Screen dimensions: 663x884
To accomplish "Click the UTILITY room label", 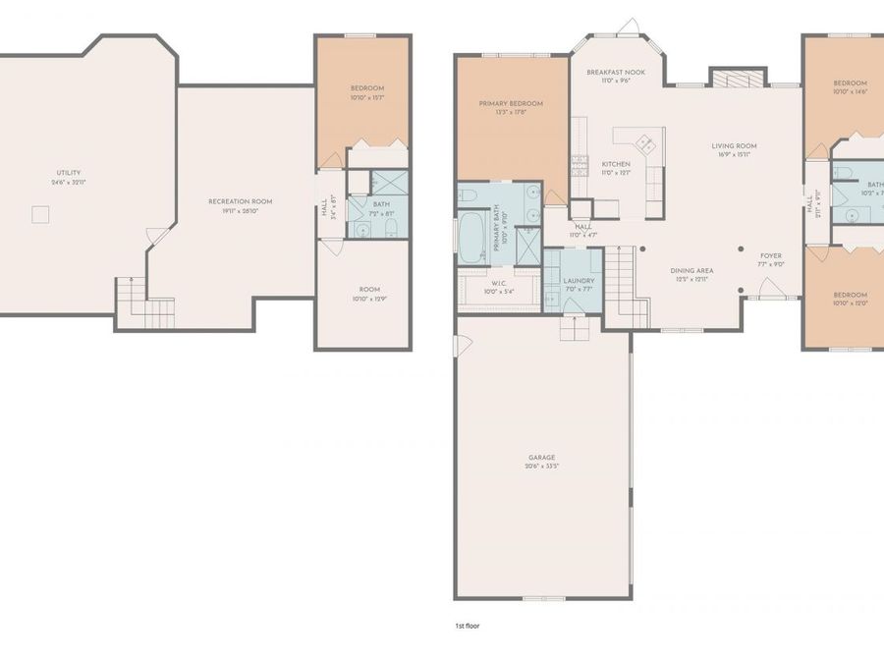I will (68, 173).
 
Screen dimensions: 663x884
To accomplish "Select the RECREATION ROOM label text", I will (240, 201).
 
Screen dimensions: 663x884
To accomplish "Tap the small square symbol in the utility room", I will (40, 214).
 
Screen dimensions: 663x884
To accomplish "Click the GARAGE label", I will (541, 457).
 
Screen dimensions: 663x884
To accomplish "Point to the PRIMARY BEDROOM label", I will (511, 103).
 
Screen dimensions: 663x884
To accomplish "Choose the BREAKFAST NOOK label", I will (615, 73).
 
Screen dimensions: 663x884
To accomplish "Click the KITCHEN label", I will (616, 163).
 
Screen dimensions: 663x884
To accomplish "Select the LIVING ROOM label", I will (734, 146).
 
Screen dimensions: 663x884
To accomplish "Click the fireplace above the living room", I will (737, 80).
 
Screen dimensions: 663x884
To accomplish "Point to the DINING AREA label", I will (691, 270).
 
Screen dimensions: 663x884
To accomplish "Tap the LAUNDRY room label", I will (579, 280).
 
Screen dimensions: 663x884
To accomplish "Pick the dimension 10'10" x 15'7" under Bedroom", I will (365, 97).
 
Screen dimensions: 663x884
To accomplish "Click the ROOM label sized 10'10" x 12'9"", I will (368, 289).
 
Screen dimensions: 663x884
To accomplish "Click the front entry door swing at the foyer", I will (770, 287).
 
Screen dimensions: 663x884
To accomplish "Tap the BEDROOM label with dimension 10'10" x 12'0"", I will (850, 295).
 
